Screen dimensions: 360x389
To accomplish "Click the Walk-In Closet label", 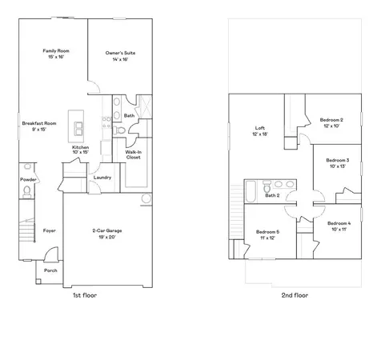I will coord(133,154).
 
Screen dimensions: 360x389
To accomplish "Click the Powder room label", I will coord(29,180).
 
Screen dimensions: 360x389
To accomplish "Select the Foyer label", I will coord(49,230).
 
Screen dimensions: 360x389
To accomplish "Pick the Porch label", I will coord(50,270).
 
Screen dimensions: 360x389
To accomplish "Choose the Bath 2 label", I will coord(272,195).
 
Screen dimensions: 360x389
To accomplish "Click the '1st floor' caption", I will coord(85,295).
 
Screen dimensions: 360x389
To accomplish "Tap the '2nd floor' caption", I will coord(294,295).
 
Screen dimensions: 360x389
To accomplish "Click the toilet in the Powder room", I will coord(27,167).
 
